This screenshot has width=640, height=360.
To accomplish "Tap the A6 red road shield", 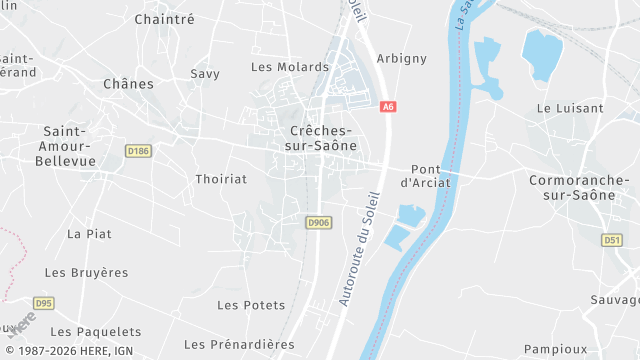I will pos(389,105).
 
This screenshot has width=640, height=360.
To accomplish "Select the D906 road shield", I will pos(319,222).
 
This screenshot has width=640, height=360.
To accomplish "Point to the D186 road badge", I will pos(138,151).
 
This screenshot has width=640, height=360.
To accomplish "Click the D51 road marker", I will pos(612,240).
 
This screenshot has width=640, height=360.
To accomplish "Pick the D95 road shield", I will pos(43,302).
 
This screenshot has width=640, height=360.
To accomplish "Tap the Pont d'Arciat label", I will pos(426,176).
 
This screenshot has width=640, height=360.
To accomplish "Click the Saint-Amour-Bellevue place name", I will pos(69,146).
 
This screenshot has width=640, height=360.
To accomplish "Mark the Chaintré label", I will pos(164,19).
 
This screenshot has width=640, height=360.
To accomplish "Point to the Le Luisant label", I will pos(570,108).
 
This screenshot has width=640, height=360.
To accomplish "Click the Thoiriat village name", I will pos(221,178).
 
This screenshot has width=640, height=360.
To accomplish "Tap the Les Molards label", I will pos(276,67).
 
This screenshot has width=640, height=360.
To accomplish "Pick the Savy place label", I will pos(205,74).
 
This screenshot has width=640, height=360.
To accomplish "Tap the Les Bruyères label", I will pos(87,272).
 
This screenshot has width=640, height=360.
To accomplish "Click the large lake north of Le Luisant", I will pos(542,52).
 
